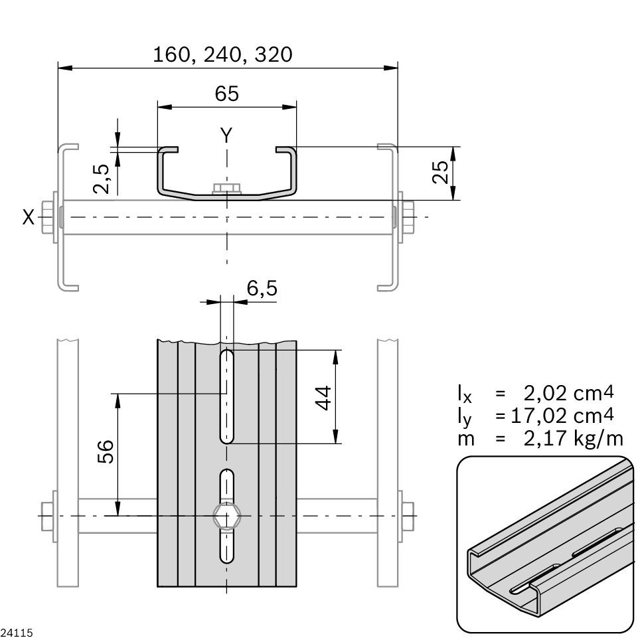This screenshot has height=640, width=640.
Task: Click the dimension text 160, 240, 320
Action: tap(222, 54)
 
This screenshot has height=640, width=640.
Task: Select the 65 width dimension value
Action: tap(226, 94)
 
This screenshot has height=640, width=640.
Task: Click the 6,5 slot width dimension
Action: tap(262, 289)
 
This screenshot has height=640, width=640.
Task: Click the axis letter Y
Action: tap(226, 135)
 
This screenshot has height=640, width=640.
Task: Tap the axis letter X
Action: tap(28, 217)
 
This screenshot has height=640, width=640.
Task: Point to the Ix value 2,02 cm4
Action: tap(568, 393)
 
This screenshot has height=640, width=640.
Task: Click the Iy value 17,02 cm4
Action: tap(562, 416)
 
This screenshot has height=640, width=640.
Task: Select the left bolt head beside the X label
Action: tap(48, 217)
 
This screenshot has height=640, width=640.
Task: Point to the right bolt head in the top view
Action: tap(406, 217)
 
